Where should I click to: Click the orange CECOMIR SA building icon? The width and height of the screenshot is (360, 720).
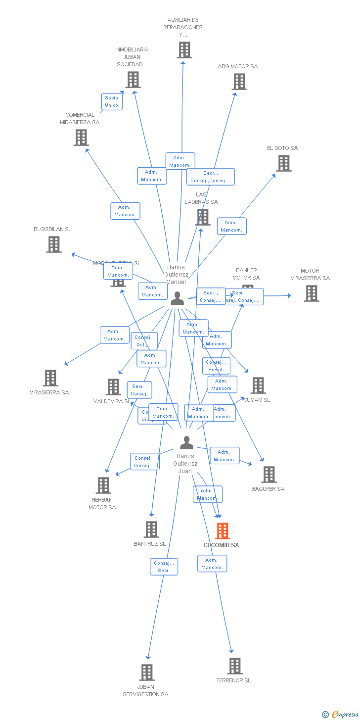coord(223,531)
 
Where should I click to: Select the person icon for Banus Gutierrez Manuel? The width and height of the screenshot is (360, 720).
coord(177,298)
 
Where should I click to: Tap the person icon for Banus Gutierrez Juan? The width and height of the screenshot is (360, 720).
coord(186,442)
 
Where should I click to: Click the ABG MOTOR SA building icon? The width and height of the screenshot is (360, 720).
coord(239,82)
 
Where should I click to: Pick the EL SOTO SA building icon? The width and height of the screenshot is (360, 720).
coord(284,163)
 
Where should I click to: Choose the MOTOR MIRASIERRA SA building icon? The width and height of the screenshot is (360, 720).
coord(311,293)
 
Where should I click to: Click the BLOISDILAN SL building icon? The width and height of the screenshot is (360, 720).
coord(54,244)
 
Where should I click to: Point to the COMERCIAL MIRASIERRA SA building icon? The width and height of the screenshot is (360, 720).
coord(81,138)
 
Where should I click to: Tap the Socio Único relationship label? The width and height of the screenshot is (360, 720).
coord(112,101)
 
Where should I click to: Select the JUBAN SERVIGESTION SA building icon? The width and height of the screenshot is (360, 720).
coord(147,672)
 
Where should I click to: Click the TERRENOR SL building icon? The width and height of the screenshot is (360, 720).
coord(235,666)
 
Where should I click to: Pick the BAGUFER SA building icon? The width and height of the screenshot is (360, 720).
coord(269,475)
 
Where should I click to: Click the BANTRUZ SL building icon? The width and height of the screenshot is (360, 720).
coord(151,529)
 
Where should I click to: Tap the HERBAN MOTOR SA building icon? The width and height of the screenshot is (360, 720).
coord(103,485)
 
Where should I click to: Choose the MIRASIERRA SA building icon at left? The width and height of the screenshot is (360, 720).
coord(50,378)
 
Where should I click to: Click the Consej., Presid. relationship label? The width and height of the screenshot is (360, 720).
coord(216,366)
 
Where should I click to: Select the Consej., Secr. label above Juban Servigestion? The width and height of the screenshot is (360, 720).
coord(164,567)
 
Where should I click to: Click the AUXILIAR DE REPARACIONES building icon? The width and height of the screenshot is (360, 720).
coord(184,50)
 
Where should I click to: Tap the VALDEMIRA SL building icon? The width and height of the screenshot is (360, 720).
coord(113,387)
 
